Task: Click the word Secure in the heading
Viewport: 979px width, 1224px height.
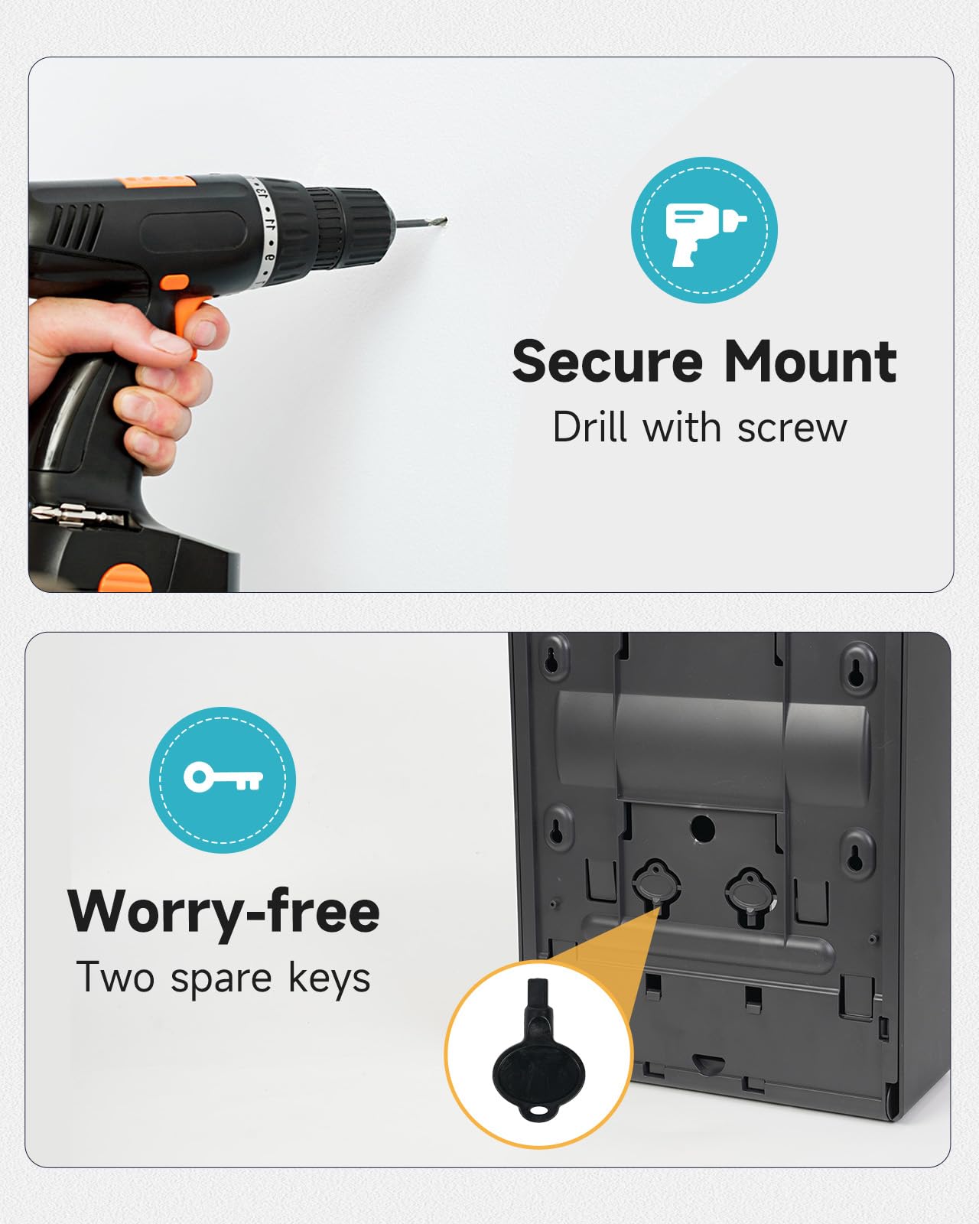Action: (607, 362)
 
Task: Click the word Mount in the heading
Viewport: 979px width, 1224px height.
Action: (810, 362)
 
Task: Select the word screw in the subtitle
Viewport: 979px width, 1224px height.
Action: (792, 429)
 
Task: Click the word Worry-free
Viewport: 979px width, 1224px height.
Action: (223, 913)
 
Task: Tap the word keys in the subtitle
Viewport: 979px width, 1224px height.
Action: (330, 979)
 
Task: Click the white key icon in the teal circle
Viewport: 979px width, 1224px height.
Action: (223, 777)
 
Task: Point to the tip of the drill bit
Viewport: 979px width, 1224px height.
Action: (446, 220)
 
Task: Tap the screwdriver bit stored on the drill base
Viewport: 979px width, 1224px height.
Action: (76, 516)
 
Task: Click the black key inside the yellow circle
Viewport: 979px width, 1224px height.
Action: (538, 1058)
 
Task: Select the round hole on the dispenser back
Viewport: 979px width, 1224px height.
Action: (702, 829)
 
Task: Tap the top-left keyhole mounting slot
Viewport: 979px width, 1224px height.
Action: (551, 659)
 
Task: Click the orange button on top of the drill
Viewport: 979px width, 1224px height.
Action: (158, 183)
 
